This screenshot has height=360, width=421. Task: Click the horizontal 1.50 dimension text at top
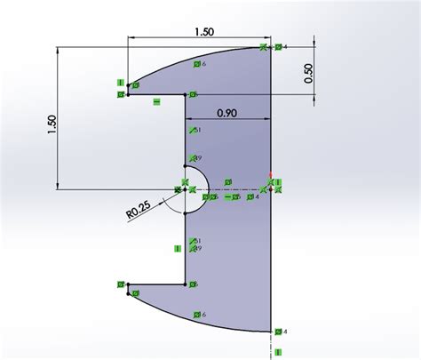(203, 31)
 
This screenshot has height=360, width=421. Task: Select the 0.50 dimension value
(307, 74)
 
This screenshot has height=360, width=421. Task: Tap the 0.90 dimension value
(226, 113)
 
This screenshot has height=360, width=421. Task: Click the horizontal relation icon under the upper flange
(156, 102)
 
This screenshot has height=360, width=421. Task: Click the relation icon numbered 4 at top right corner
(279, 46)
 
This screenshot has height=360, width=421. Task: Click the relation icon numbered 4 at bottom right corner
(279, 332)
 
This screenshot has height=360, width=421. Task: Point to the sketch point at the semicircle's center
(186, 188)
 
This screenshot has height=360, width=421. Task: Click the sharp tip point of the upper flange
(128, 92)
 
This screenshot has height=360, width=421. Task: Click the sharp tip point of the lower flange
(128, 285)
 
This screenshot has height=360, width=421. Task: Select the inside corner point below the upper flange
(186, 93)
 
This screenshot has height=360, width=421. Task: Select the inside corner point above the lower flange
(186, 284)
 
